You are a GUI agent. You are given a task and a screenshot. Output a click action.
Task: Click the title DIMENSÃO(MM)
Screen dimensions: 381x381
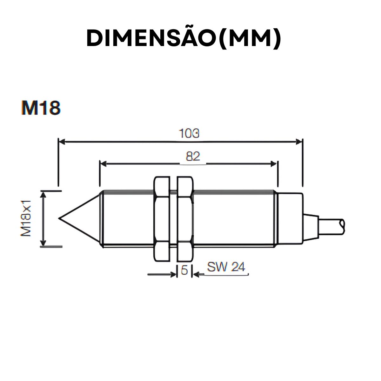184,38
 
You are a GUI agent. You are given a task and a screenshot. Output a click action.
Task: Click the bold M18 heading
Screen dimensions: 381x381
41,108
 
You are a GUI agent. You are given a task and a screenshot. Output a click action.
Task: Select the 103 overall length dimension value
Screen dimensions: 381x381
189,133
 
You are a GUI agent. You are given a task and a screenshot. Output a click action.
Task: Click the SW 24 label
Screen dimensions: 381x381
226,267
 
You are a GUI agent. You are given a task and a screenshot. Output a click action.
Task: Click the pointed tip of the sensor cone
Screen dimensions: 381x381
60,218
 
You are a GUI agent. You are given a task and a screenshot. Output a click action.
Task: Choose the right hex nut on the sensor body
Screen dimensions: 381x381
185,219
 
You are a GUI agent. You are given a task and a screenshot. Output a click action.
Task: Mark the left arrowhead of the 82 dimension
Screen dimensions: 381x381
103,164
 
